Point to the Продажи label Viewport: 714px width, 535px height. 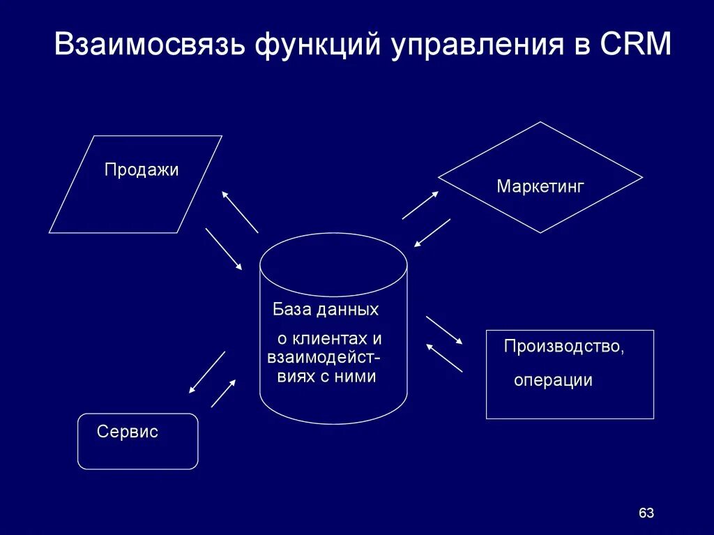[142, 169]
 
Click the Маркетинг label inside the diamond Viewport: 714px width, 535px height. [540, 186]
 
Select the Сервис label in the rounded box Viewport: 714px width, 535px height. [128, 432]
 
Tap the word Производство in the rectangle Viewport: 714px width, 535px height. [563, 347]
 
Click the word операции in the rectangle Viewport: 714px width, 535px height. [553, 380]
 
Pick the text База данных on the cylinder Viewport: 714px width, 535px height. [326, 310]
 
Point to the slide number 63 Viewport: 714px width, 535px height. [646, 513]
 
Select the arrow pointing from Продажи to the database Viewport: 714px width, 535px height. [224, 249]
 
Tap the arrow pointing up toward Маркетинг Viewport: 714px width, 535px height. [420, 205]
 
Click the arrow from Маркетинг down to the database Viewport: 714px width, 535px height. [432, 233]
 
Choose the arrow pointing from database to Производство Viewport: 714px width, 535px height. [444, 330]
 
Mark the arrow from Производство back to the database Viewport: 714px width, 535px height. [444, 357]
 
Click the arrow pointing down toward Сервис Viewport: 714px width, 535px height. [207, 372]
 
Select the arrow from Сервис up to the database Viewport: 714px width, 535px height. [223, 393]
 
